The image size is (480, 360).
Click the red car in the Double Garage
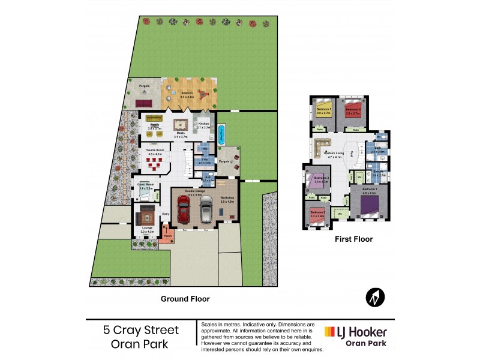185,209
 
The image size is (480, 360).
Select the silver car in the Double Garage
206,209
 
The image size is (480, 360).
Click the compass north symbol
374,296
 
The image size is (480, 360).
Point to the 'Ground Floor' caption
185,298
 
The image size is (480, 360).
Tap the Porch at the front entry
167,235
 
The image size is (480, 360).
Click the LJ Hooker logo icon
329,332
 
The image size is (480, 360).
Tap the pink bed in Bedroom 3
320,181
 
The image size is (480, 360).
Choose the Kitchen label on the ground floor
204,124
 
